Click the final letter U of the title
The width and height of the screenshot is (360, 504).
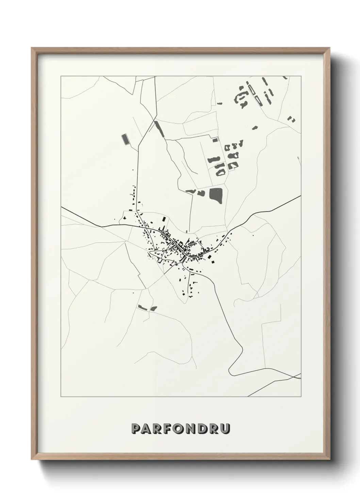225,429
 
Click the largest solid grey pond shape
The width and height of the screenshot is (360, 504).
215,195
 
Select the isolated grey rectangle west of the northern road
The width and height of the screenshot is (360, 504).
125,139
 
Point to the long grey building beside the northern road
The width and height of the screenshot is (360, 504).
159,128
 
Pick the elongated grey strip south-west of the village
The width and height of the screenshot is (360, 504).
142,307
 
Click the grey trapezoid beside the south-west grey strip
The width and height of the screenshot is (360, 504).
154,309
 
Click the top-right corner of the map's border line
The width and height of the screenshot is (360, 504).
301,76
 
